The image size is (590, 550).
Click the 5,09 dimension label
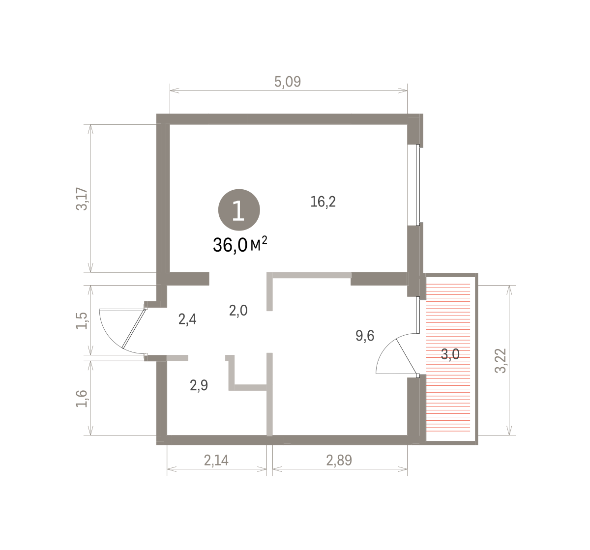click(287, 82)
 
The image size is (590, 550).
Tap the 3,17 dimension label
click(82, 199)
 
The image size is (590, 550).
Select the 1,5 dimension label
click(82, 320)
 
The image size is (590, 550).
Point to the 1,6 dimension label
click(82, 399)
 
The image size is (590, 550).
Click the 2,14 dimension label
click(216, 460)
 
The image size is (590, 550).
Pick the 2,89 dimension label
click(339, 460)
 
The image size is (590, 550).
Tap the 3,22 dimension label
click(501, 361)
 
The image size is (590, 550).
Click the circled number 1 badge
click(239, 210)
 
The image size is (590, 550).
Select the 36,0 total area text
click(230, 245)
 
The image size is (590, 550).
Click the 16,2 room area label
click(323, 202)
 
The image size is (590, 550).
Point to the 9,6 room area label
click(365, 336)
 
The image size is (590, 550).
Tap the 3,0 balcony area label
click(450, 354)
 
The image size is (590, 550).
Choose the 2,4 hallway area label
click(187, 319)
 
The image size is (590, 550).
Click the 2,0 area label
click(238, 311)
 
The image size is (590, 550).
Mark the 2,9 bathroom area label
click(199, 385)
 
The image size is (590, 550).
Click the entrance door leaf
click(134, 329)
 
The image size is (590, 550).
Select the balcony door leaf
click(407, 357)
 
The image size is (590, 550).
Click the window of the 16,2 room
click(417, 185)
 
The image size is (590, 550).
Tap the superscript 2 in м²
click(265, 240)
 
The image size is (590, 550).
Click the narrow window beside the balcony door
click(418, 315)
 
